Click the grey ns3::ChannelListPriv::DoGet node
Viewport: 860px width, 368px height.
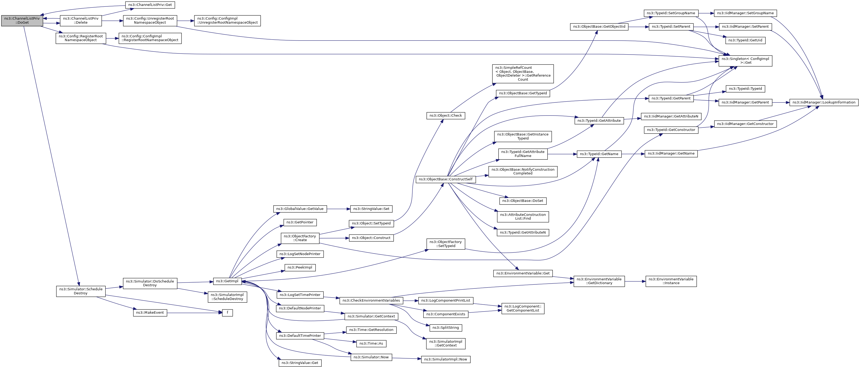[x=22, y=20]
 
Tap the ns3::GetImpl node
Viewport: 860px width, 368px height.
[x=227, y=281]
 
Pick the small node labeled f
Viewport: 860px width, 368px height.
[x=227, y=313]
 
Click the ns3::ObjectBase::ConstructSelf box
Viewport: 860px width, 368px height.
[x=446, y=179]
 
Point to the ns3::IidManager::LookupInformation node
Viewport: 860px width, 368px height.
[x=824, y=102]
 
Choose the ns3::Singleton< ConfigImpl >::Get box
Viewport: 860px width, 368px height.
[x=745, y=60]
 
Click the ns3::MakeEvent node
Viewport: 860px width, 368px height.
[x=150, y=313]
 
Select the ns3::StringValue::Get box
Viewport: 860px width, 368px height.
[x=300, y=363]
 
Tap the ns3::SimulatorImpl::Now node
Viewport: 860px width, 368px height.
[x=446, y=359]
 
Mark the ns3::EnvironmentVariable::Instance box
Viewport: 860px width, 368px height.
[x=671, y=281]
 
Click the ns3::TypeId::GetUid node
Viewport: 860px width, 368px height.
[x=745, y=40]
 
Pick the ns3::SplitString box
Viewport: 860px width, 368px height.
[x=446, y=328]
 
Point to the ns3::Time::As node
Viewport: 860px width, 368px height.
[x=371, y=343]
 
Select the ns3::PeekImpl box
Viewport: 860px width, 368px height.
[x=300, y=267]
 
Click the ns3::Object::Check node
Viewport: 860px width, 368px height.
[x=446, y=116]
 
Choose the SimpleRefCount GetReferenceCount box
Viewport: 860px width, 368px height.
[x=523, y=74]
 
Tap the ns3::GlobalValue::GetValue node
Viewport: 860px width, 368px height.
[x=300, y=209]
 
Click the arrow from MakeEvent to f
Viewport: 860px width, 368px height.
[x=195, y=313]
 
